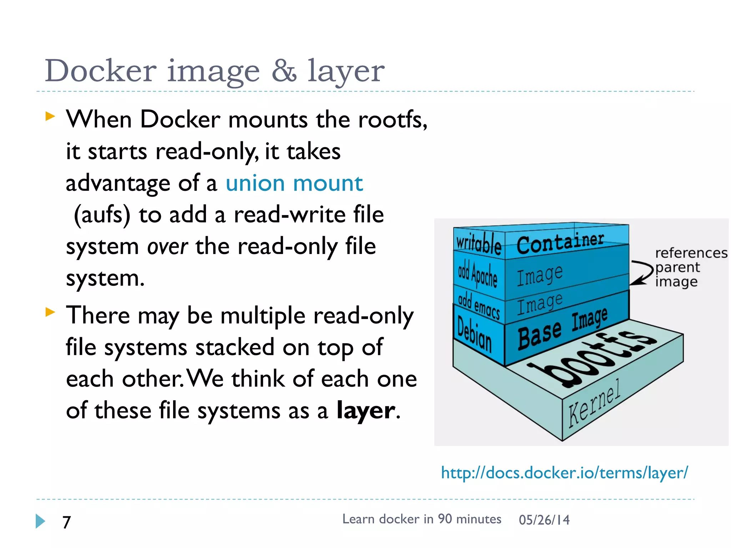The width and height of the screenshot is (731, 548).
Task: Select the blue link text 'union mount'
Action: point(294,183)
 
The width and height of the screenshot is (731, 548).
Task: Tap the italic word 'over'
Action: point(167,247)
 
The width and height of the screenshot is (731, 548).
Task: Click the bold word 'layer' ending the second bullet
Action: point(366,410)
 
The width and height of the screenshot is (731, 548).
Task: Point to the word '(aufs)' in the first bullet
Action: point(102,215)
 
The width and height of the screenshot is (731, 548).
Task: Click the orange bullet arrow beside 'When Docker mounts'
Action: point(50,116)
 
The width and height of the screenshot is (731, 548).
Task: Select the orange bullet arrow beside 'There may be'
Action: point(50,312)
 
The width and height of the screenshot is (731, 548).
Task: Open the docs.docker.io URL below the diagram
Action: point(564,473)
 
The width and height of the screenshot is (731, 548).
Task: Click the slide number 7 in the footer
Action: point(67,522)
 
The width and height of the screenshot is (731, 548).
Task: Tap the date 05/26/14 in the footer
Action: point(544,520)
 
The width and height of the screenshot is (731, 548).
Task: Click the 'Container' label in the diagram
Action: point(560,242)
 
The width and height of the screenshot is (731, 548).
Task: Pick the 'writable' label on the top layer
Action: point(479,243)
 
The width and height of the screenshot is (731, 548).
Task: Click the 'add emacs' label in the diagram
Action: point(479,305)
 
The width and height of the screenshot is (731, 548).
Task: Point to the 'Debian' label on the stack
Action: point(474,334)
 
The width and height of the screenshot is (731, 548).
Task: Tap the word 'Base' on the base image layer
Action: point(539,334)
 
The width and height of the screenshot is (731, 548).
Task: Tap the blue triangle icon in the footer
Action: point(40,521)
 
